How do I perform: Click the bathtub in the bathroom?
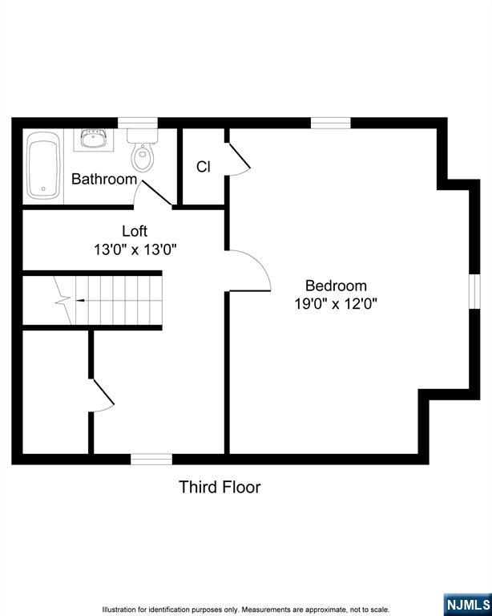pos(42,167)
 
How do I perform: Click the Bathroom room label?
pos(104,180)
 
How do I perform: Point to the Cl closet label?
pos(204,167)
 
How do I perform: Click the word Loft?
pos(135,232)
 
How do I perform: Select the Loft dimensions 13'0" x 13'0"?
pos(135,249)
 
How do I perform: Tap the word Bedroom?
pos(336,286)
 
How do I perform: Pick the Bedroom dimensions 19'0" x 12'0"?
pos(336,304)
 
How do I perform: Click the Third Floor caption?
pos(220,487)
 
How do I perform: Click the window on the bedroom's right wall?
pos(474,289)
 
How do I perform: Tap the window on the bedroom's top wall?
pos(330,123)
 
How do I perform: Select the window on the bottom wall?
pos(151,459)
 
